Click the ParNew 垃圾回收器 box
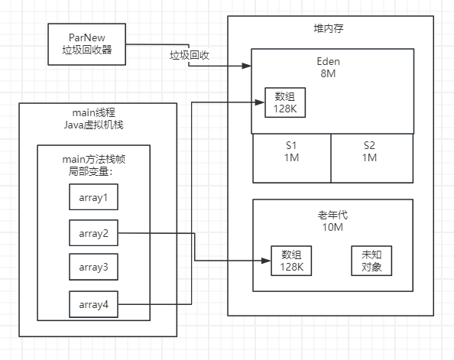click(x=86, y=44)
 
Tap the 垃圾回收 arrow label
click(x=190, y=56)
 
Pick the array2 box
click(x=94, y=232)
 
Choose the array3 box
click(x=94, y=267)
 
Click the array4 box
click(x=94, y=305)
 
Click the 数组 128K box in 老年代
click(x=291, y=261)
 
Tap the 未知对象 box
click(x=371, y=261)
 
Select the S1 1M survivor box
click(x=292, y=151)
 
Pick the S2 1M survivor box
click(x=370, y=151)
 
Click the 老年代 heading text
click(x=332, y=215)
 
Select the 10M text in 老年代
click(x=332, y=227)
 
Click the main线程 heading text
click(x=98, y=114)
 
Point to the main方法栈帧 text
click(x=93, y=158)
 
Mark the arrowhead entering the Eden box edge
click(x=248, y=66)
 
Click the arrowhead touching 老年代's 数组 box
click(x=267, y=261)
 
